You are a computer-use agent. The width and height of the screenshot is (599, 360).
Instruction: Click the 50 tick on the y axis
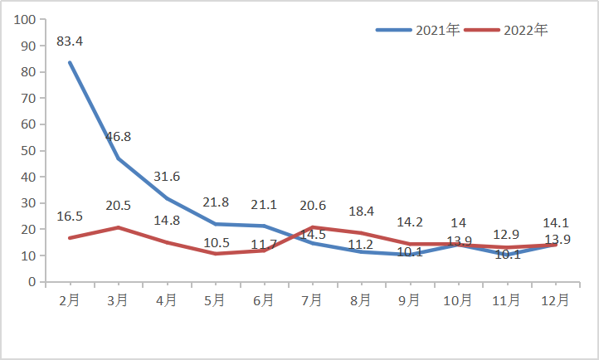29,150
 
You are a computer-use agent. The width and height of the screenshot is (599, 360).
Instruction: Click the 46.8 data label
119,137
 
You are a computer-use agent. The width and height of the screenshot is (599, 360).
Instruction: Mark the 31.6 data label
167,177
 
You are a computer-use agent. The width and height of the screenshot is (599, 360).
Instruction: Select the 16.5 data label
70,216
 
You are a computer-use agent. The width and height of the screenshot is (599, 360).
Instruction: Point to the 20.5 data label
119,206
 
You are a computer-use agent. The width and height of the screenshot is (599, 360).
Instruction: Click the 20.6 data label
312,206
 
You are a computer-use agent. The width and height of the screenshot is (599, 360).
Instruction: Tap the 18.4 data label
361,212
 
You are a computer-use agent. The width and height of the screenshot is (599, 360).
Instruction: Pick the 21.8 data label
216,202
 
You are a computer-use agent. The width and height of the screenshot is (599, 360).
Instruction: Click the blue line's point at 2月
70,62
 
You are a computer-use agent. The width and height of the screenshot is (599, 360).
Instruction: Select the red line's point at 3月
119,227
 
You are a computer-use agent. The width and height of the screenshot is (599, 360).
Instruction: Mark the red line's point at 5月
216,254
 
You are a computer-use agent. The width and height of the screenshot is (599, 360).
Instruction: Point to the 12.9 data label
506,235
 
